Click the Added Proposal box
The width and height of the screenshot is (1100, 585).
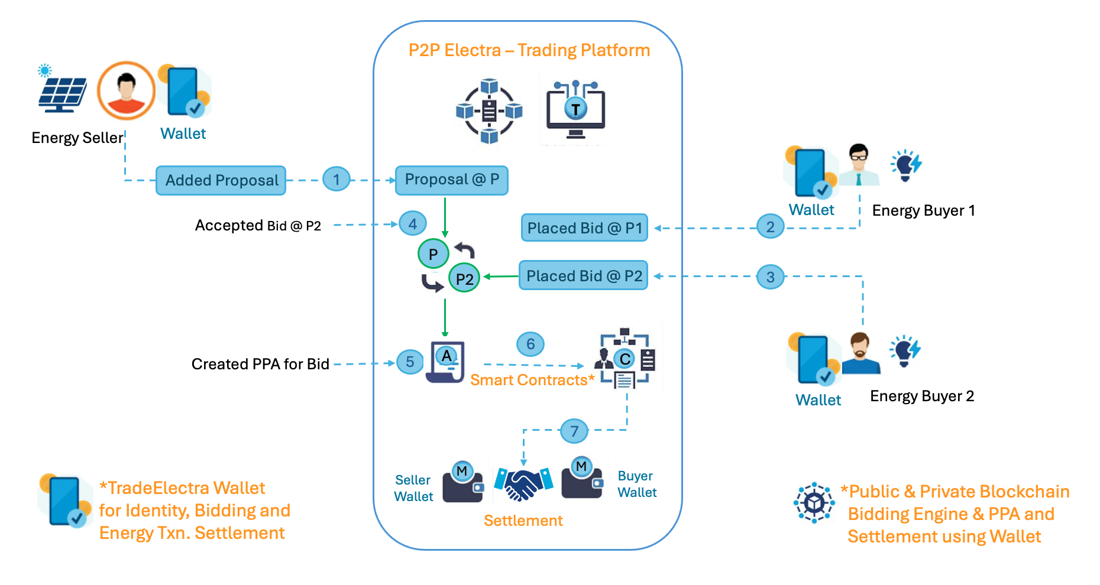point(221,180)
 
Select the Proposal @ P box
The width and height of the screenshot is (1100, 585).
point(451,180)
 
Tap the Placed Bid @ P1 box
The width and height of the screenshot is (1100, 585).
point(584,228)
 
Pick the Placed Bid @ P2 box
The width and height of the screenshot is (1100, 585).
point(584,276)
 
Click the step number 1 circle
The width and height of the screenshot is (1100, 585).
point(337,179)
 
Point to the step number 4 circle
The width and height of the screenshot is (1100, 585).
point(412,224)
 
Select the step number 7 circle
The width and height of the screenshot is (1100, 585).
point(574,431)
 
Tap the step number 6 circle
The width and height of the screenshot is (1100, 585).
point(530,344)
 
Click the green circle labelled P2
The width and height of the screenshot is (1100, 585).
point(464,278)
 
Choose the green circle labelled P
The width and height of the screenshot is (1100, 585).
point(433,254)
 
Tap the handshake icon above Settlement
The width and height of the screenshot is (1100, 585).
point(523,484)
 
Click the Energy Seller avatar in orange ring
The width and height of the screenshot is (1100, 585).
point(126,91)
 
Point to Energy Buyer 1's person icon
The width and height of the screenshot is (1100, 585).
point(859,165)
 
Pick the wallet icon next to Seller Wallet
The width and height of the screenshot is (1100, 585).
point(463,483)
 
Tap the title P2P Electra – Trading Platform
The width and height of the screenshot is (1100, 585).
point(529,50)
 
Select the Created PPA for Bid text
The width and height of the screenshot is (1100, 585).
point(260,364)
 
